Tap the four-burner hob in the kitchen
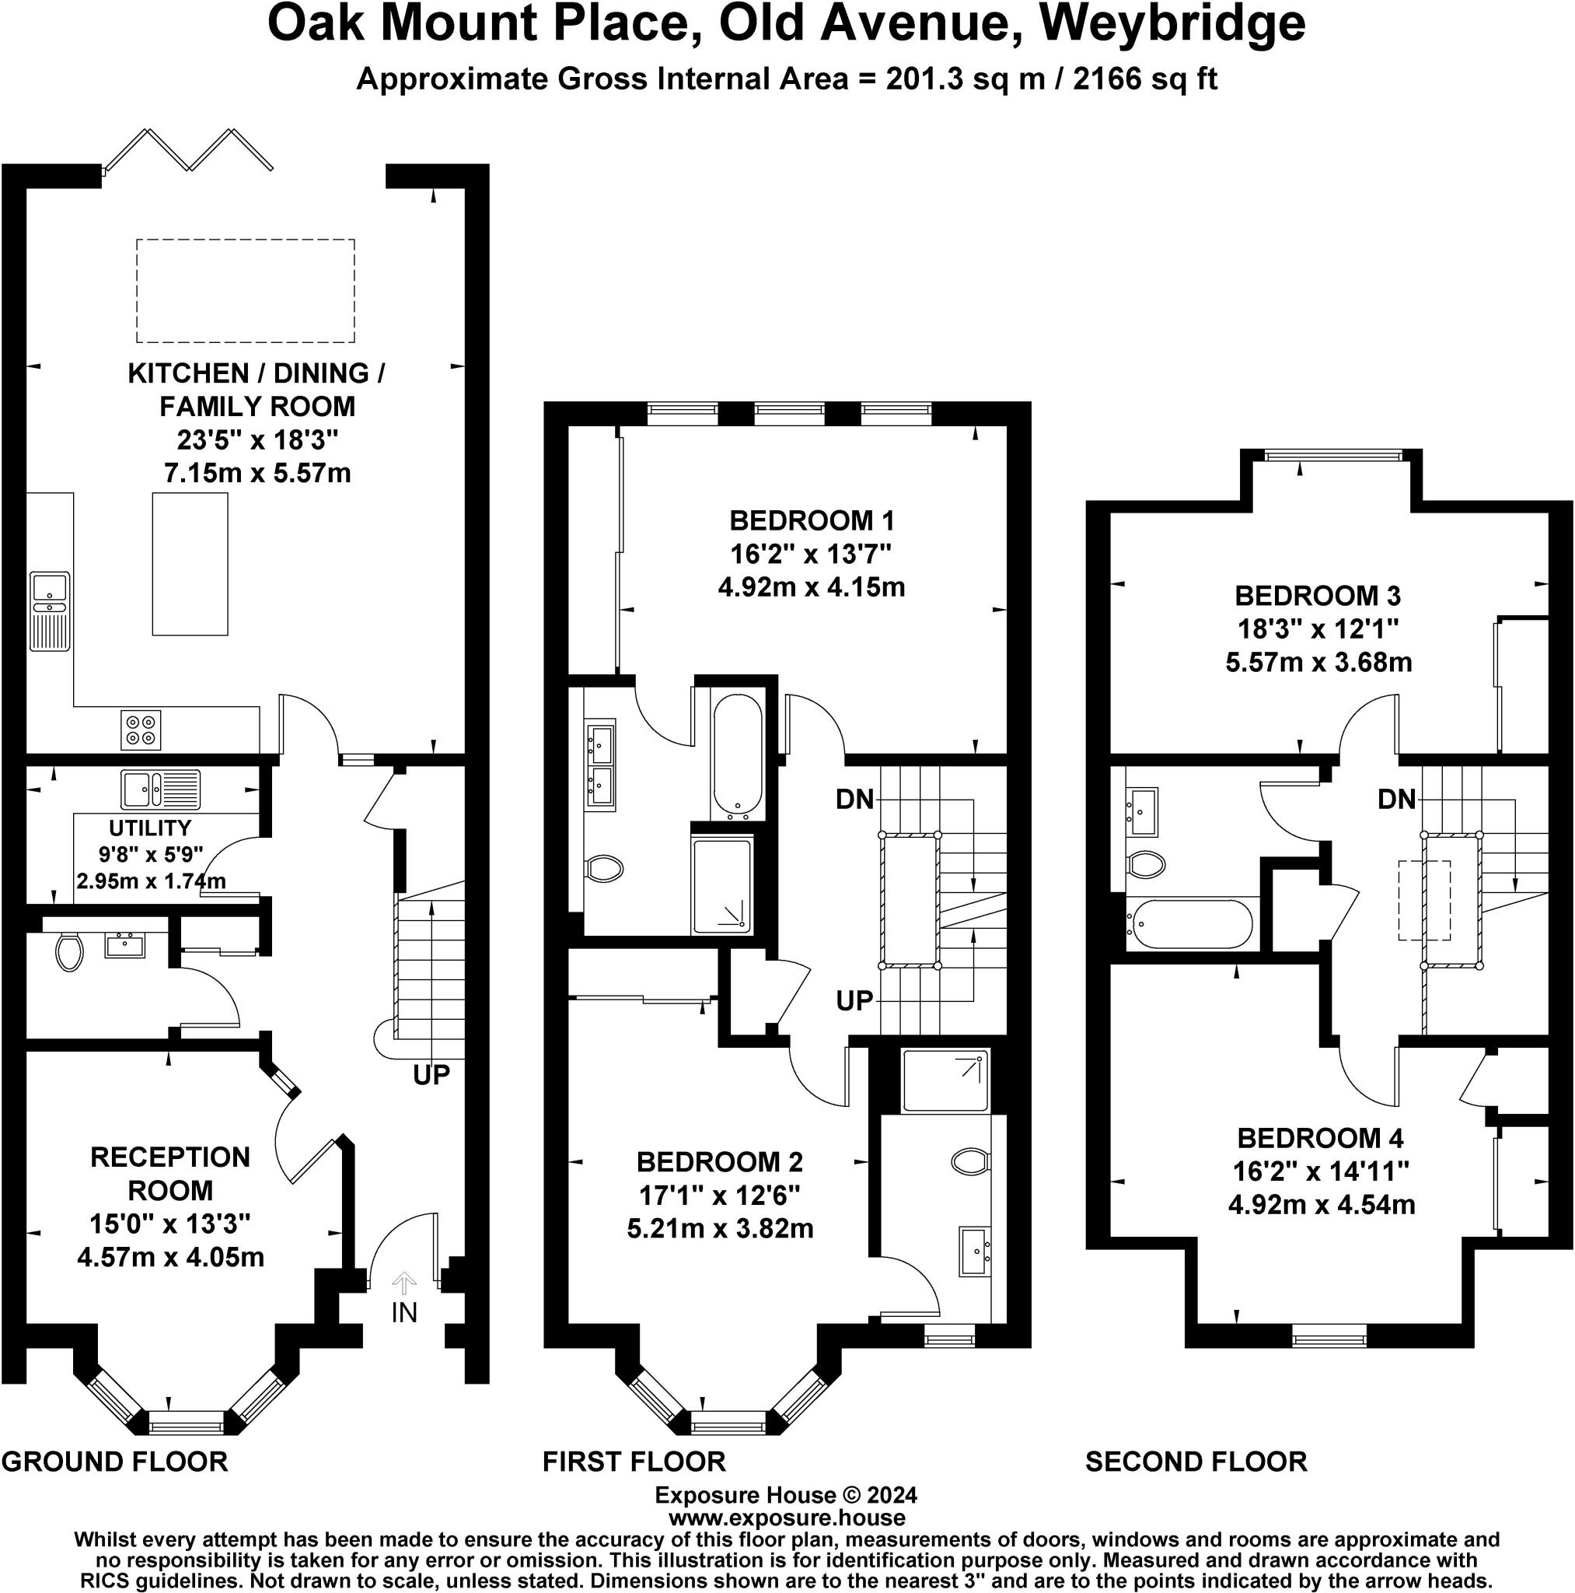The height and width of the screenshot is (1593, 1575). point(140,730)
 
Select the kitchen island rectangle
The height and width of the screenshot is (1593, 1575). point(190,564)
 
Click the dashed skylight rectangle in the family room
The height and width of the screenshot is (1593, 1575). point(246,290)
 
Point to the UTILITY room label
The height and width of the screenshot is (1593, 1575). point(150,827)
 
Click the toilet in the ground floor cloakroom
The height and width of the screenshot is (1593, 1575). point(69,952)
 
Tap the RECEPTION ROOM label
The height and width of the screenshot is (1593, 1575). point(169,1173)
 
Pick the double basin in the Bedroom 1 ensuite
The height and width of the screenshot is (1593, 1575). point(600,765)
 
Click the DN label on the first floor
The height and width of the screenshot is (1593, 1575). point(854,799)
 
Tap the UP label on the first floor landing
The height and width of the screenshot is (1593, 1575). point(854,1001)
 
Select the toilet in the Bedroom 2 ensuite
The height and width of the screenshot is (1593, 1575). point(969,1162)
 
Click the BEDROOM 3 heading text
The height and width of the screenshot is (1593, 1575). point(1317,595)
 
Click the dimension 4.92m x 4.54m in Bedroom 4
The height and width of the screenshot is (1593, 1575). point(1321,1205)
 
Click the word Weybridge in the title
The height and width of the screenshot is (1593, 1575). point(1172,25)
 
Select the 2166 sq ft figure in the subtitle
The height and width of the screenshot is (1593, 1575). point(1144,79)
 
